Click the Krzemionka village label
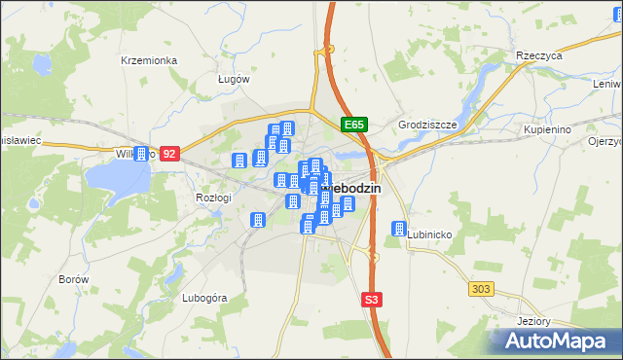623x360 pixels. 149,60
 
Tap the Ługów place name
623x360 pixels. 234,79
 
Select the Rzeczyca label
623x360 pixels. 540,56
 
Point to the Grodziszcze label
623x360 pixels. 421,125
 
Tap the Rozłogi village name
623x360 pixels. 213,197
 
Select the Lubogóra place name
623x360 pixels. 204,298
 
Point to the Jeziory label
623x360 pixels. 534,322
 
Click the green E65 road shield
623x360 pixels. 353,125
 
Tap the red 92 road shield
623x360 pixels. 170,154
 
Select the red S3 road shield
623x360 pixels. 371,300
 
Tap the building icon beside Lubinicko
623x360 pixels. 398,230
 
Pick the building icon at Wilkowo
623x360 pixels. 142,154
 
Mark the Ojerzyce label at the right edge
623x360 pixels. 605,141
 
